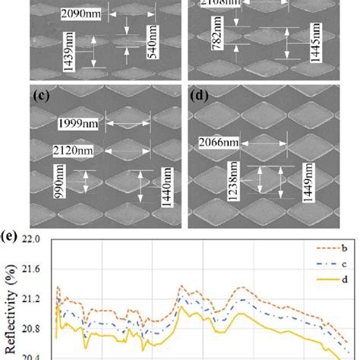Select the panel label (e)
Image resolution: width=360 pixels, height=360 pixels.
[x=14, y=232]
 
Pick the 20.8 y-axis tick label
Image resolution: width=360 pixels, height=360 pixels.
[x=32, y=329]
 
